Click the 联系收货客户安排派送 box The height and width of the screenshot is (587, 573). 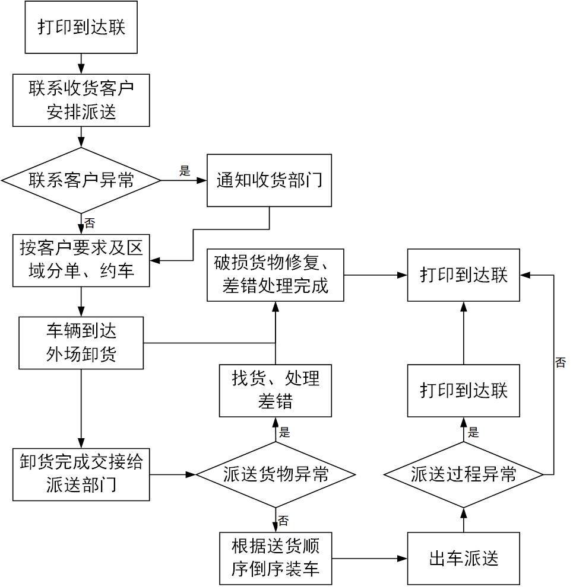tap(81, 100)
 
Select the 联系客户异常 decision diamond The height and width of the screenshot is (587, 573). tap(81, 180)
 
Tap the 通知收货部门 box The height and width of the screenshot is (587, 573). tap(269, 180)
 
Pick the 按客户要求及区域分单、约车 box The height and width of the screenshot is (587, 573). tap(81, 260)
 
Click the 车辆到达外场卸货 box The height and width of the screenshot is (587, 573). tap(81, 343)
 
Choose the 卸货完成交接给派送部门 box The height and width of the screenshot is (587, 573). tap(81, 474)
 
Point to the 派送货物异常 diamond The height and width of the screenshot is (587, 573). tap(276, 474)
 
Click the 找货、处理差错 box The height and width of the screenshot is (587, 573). tap(276, 390)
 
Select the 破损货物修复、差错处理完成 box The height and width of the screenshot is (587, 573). tap(276, 275)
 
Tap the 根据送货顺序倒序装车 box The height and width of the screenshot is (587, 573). tap(276, 559)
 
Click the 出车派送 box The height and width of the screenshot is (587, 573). tap(463, 559)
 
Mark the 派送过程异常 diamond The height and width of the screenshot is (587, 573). tap(463, 474)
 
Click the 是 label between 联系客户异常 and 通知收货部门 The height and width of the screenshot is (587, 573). tap(185, 171)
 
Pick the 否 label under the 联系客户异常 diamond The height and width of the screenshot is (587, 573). tap(90, 224)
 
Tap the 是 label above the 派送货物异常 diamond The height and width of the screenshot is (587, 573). tap(284, 432)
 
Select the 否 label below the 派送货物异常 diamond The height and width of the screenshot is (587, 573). tap(284, 521)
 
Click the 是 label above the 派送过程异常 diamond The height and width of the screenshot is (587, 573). tap(473, 432)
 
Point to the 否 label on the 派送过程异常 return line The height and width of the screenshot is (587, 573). tap(561, 362)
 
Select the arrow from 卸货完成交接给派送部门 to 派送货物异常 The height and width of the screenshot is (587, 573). tap(173, 474)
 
